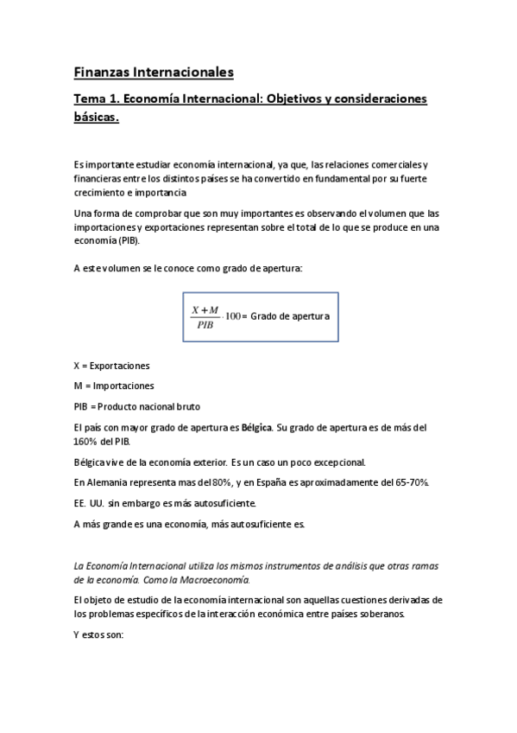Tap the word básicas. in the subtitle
95,118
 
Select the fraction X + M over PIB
205,317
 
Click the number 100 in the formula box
232,317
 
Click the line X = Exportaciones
111,366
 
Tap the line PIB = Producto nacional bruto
140,405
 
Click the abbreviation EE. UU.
89,502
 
